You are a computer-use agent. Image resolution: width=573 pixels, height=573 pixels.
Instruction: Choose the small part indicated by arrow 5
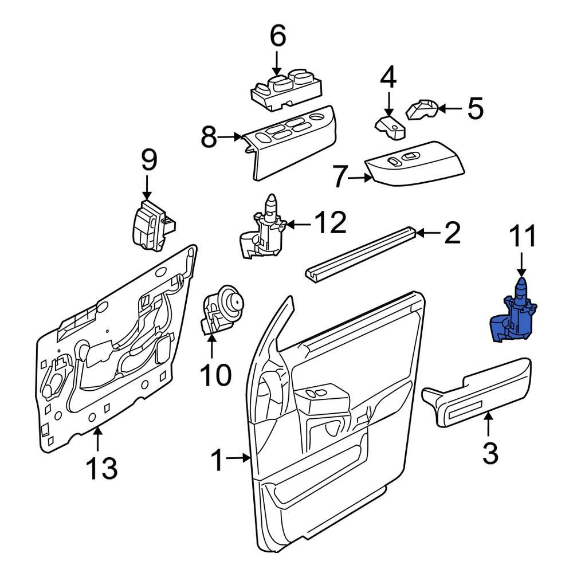pos(422,109)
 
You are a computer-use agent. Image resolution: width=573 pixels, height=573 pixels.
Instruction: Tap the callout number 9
pos(148,161)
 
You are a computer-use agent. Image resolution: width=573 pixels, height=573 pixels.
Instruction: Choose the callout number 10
pos(215,375)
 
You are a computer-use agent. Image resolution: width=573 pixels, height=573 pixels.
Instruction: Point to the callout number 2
pos(452,233)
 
